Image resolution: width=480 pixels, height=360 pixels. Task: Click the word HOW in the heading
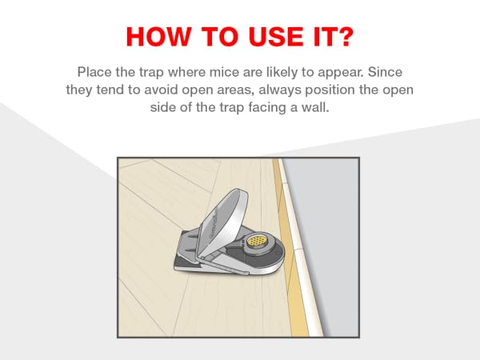click(x=158, y=37)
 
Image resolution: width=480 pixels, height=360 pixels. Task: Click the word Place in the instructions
click(x=94, y=72)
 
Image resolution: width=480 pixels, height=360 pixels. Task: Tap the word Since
click(x=385, y=72)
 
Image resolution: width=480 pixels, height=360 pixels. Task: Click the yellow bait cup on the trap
click(x=257, y=241)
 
